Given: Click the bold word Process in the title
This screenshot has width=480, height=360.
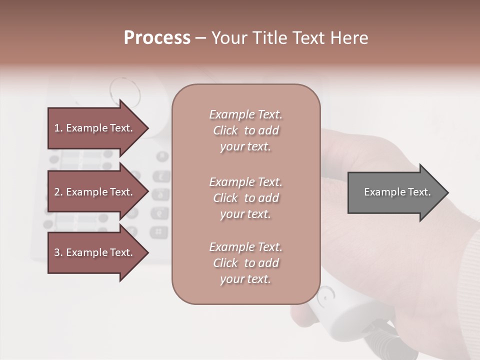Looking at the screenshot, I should click(157, 38).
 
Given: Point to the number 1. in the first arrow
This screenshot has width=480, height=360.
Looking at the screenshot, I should click(58, 128).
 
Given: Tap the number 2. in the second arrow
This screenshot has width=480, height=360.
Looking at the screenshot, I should click(58, 192).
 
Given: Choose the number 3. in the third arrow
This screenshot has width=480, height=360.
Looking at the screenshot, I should click(58, 253).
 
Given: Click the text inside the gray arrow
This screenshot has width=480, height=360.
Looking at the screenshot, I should click(397, 192).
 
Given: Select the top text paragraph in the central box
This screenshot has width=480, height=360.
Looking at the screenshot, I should click(245, 130).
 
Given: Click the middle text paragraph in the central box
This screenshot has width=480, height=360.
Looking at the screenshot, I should click(245, 198).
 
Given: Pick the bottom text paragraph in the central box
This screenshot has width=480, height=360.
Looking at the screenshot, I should click(245, 263).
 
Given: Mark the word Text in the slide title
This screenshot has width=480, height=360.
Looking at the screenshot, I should click(308, 38).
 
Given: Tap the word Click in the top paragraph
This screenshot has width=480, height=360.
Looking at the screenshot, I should click(225, 131).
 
